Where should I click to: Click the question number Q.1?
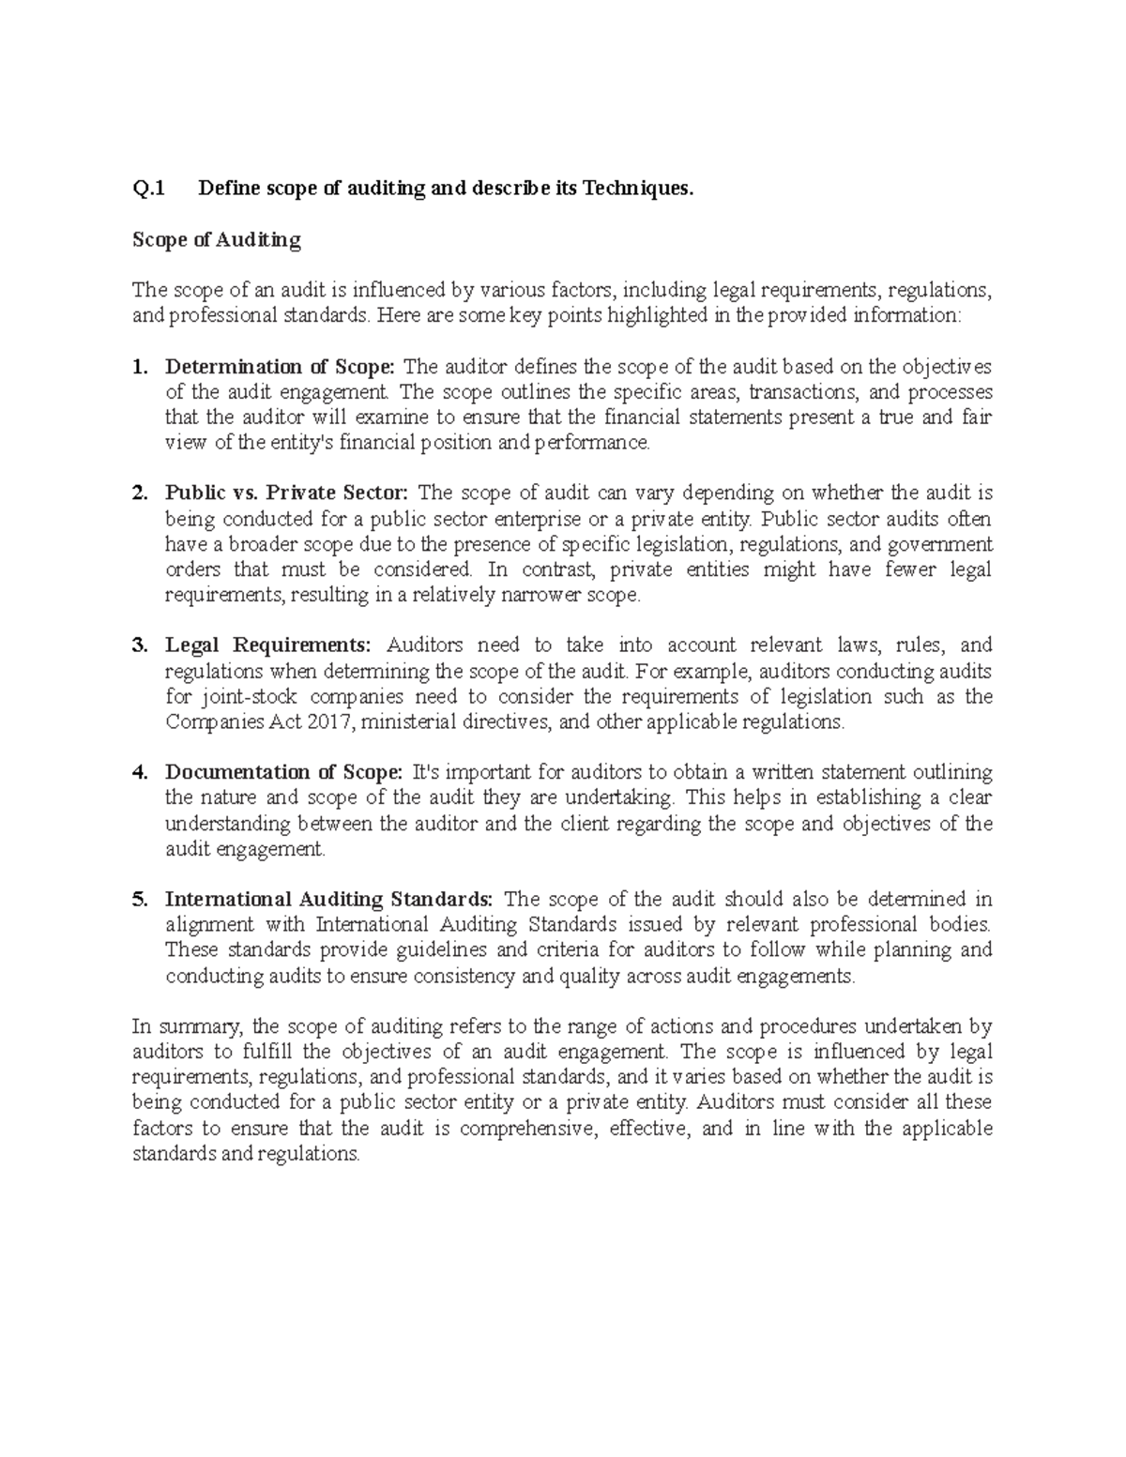pos(148,189)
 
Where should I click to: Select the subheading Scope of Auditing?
pos(217,240)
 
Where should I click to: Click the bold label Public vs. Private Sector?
pos(287,493)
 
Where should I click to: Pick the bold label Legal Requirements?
pos(268,645)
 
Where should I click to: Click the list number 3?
pos(140,645)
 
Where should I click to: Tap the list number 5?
pos(140,899)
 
